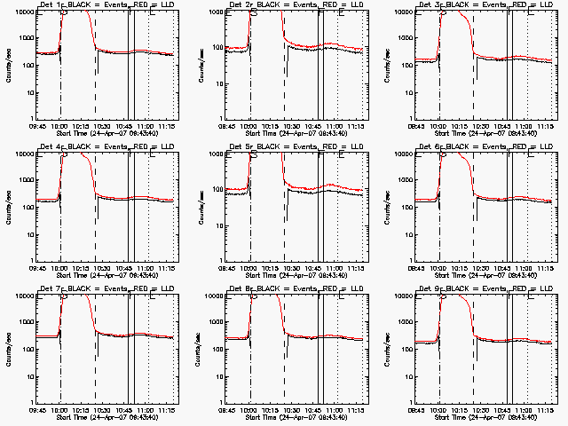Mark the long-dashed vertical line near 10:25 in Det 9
click(473, 355)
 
